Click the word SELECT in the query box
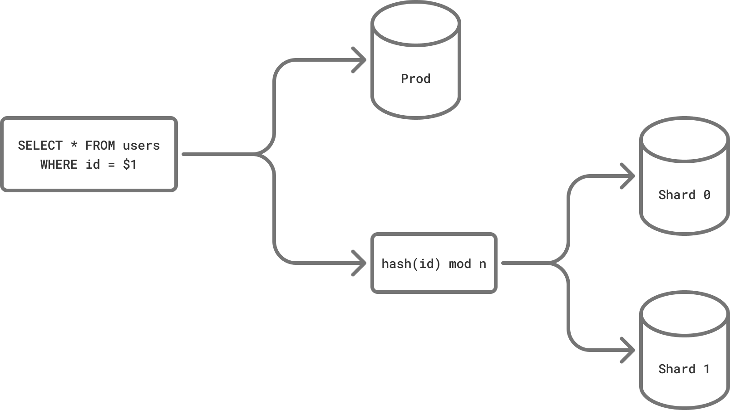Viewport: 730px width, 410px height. click(x=40, y=146)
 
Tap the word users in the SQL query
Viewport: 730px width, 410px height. click(x=141, y=146)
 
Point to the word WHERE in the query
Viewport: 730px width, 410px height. click(x=59, y=165)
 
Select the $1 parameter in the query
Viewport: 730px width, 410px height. click(x=129, y=165)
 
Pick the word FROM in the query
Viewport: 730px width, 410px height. click(x=100, y=146)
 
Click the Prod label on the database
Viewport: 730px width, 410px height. click(x=415, y=79)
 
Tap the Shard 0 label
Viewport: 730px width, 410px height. click(x=684, y=195)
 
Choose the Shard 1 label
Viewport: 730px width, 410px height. click(x=684, y=369)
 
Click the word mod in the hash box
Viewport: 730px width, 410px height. click(x=460, y=264)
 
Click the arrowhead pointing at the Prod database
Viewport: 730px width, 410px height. click(x=360, y=60)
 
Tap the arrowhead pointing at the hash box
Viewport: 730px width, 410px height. click(x=360, y=263)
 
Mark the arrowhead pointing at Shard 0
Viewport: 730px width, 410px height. click(x=629, y=176)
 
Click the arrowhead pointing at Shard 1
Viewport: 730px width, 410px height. click(x=629, y=350)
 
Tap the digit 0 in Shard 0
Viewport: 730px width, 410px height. click(x=706, y=195)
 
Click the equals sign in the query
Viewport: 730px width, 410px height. click(x=111, y=165)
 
